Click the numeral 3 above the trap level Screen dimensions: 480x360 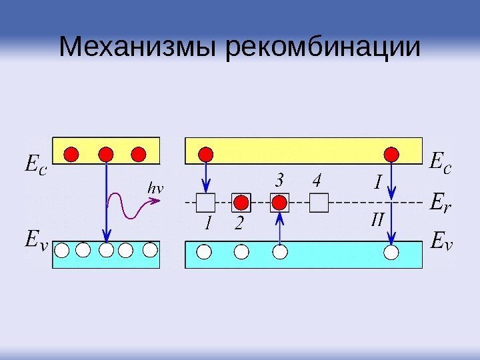(x=280, y=181)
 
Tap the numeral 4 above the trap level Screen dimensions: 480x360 (x=317, y=181)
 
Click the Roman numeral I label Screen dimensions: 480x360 (x=378, y=181)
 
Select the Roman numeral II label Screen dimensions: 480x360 (x=377, y=219)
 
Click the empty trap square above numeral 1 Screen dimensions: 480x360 (x=206, y=202)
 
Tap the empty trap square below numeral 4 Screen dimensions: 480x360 (x=320, y=202)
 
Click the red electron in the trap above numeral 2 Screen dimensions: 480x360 (x=241, y=202)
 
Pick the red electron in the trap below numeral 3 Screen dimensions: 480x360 (x=280, y=202)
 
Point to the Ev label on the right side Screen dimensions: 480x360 (x=441, y=239)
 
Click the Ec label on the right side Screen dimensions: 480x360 (x=441, y=162)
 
